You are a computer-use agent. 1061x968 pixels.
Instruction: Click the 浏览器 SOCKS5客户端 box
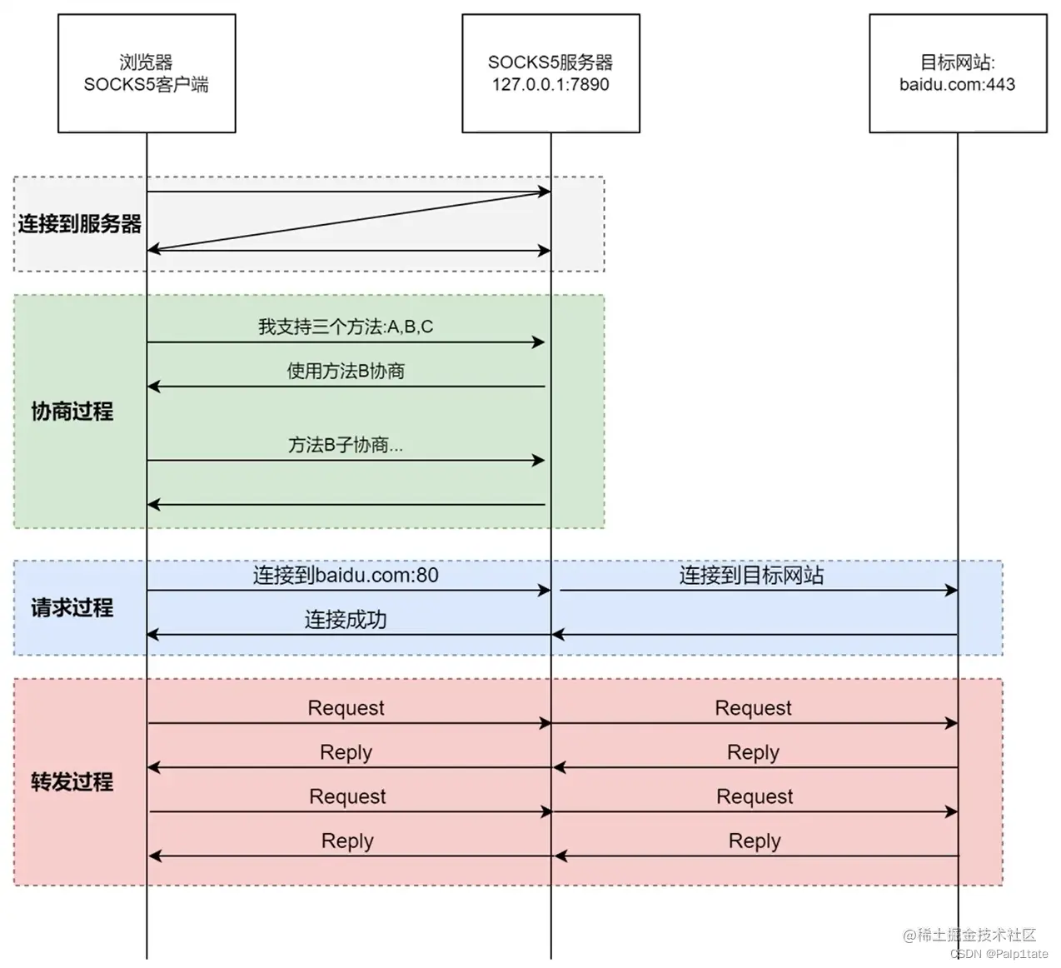click(147, 73)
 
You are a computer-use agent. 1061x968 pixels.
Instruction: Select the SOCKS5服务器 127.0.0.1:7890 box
click(550, 73)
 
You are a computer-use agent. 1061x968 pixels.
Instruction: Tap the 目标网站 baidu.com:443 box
click(957, 73)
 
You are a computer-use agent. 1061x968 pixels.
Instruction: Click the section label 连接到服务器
click(80, 224)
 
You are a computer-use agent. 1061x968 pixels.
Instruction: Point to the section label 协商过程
click(72, 412)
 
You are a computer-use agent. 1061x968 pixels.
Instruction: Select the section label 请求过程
click(72, 608)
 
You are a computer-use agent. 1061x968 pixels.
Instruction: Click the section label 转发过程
click(72, 782)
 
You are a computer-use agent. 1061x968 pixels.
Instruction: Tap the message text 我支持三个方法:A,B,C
click(346, 327)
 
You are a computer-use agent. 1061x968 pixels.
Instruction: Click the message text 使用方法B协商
click(346, 372)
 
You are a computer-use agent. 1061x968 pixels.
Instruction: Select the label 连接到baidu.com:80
click(346, 576)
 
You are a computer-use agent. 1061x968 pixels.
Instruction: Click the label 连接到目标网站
click(751, 576)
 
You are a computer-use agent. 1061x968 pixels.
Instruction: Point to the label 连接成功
click(346, 620)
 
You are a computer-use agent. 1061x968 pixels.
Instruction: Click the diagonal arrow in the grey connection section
click(348, 221)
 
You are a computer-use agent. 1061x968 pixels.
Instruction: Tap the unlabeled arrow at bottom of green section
click(346, 504)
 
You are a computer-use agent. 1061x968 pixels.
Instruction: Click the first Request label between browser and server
click(346, 708)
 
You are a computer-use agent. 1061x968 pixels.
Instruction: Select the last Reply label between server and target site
click(755, 841)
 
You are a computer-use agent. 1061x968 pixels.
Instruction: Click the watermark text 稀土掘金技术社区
click(975, 936)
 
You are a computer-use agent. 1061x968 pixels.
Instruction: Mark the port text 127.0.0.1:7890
click(550, 85)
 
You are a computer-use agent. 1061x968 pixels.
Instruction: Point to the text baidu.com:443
click(957, 85)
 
